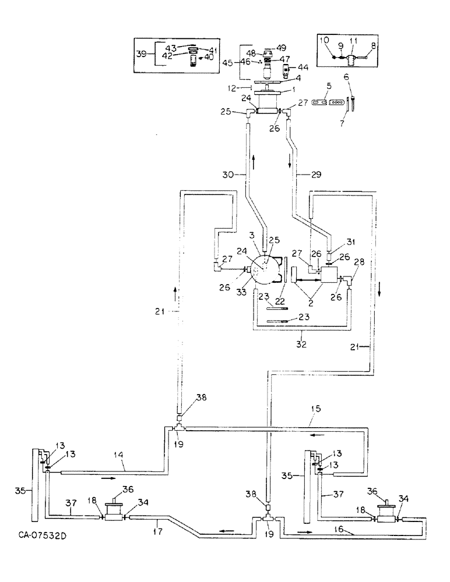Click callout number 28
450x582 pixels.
pos(357,262)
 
